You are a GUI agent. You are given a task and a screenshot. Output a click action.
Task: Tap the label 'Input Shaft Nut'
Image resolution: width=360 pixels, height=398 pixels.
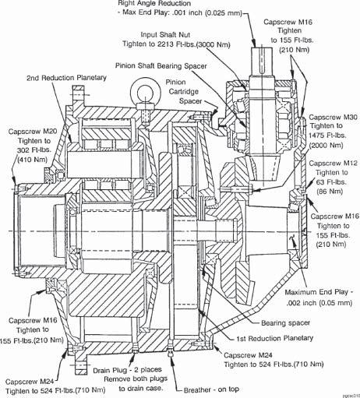pos(165,34)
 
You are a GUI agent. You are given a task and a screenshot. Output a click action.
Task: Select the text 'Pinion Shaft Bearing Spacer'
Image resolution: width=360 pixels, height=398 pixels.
pos(161,65)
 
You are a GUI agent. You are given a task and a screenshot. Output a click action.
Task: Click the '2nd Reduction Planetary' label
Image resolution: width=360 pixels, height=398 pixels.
pos(66,78)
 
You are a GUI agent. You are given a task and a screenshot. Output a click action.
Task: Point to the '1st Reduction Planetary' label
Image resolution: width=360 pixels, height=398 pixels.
pos(274,338)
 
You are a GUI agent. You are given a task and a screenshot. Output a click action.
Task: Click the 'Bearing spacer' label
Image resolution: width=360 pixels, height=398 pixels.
pos(285,323)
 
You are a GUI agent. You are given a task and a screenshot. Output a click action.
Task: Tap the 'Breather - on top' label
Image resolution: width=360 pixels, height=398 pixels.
pos(211,389)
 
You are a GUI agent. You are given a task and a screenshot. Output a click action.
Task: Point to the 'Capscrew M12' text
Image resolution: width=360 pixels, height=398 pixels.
pos(334,164)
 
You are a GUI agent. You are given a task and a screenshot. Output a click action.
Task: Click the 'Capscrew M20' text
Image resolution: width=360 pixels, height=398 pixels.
pos(33,132)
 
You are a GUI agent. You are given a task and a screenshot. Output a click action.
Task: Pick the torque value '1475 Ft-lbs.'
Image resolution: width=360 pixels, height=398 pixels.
pos(327,136)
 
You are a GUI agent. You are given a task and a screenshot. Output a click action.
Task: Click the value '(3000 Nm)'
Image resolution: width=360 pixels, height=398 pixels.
pos(214,44)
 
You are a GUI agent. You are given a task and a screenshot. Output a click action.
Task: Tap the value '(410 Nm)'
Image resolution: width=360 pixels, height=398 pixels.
pos(32,159)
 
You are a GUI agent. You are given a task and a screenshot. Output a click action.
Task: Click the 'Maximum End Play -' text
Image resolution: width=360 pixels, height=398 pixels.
pos(319,292)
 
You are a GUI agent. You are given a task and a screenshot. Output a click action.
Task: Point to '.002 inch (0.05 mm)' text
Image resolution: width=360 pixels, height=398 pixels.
pos(319,303)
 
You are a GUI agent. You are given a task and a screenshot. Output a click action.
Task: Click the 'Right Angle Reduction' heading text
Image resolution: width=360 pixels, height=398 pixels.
pos(154,3)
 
